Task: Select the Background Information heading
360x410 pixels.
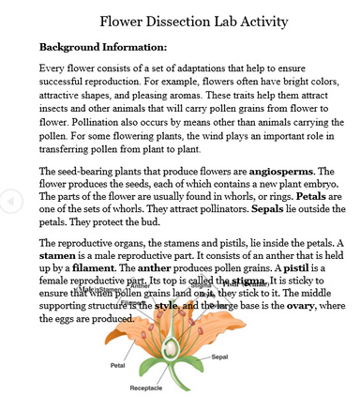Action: tap(102, 46)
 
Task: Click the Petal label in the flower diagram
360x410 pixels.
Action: tap(118, 365)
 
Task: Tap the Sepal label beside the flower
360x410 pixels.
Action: tap(220, 357)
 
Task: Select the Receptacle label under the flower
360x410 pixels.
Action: tap(145, 387)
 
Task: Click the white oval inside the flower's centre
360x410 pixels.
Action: tap(171, 348)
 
